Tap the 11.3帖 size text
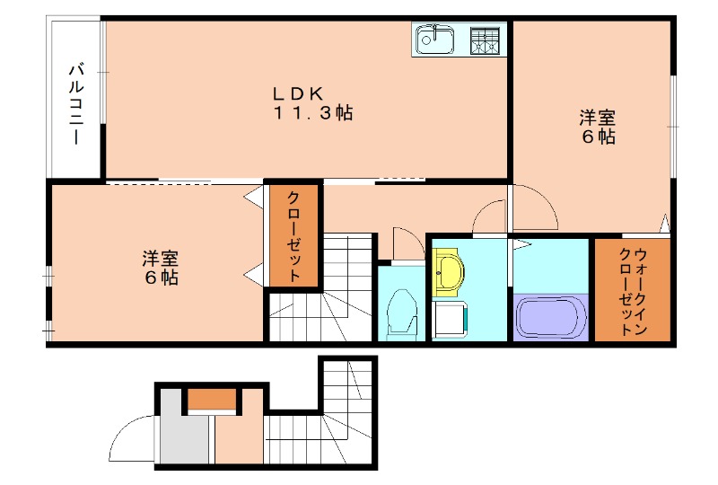click(312, 114)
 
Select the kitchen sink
click(435, 40)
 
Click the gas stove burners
click(486, 40)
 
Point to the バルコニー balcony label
click(77, 104)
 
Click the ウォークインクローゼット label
click(633, 289)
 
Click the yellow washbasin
click(447, 270)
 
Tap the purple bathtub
click(550, 317)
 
